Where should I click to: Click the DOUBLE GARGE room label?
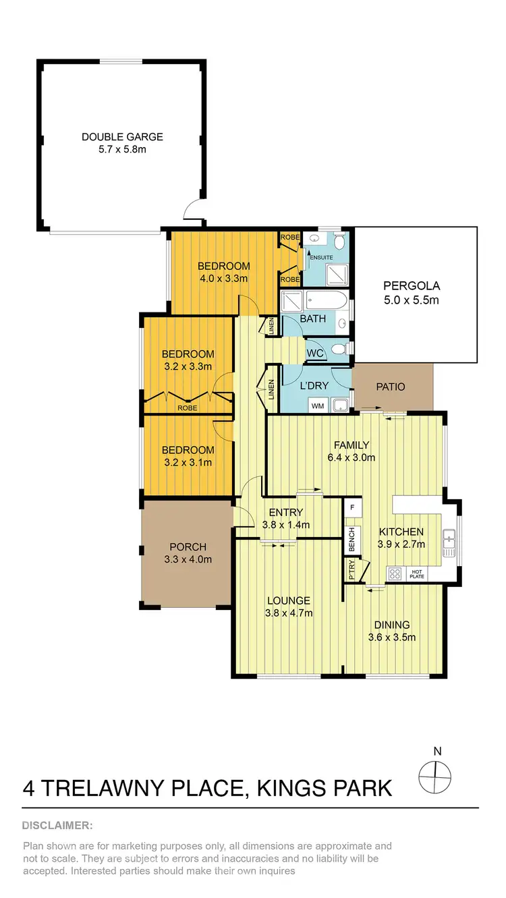[122, 137]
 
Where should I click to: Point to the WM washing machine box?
[316, 405]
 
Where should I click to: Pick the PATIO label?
[391, 387]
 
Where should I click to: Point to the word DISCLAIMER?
[57, 825]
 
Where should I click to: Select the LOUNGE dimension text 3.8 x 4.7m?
[288, 613]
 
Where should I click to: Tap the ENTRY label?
[285, 512]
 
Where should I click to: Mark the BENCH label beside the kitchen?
[351, 538]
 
